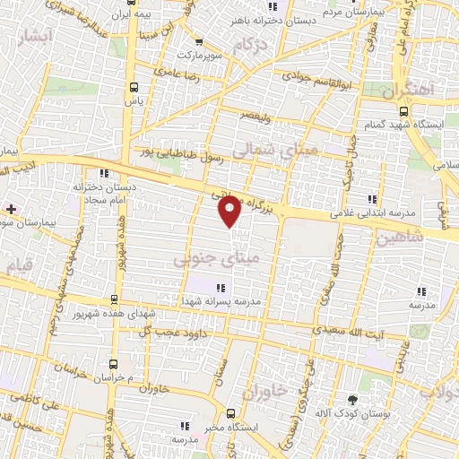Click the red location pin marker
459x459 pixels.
coord(230,212)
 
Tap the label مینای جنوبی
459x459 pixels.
coord(206,258)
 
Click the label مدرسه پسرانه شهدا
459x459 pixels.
coord(224,302)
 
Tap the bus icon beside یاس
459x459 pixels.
coord(134,88)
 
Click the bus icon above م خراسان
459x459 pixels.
coord(113,364)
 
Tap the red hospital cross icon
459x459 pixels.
coord(11,208)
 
